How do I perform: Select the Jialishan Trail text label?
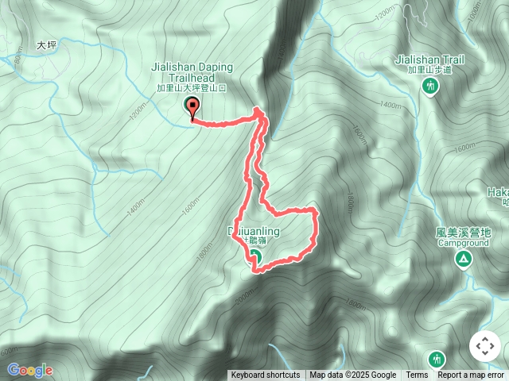(430, 60)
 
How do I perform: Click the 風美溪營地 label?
(463, 233)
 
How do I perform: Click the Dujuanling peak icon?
(255, 256)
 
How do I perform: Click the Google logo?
(29, 370)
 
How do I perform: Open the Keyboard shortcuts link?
(266, 375)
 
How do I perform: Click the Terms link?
(417, 375)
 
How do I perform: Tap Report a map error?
(471, 375)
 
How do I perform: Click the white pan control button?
(485, 347)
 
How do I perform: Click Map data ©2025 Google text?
(353, 375)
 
